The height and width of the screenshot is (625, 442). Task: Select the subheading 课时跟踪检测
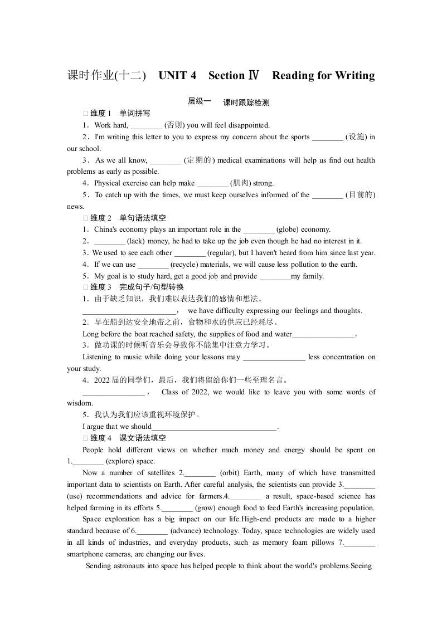246,102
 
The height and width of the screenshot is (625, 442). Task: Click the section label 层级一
199,101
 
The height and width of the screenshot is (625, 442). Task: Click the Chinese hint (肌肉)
241,183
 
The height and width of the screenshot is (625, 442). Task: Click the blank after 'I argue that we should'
214,427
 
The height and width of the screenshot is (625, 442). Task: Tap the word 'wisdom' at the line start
80,403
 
